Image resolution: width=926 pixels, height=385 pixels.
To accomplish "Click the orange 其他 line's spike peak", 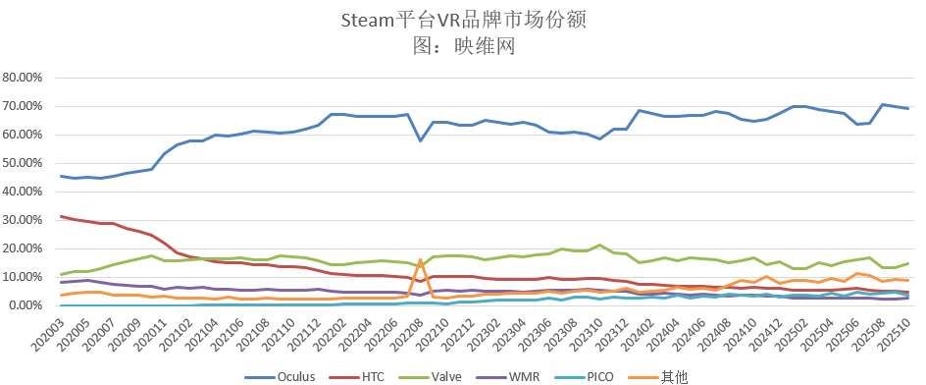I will tap(420, 260).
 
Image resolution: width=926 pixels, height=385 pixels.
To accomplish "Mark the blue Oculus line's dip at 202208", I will tap(420, 140).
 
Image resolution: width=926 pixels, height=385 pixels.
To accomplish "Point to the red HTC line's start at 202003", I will tap(61, 216).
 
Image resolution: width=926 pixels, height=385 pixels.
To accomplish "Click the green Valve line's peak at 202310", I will tap(598, 246).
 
